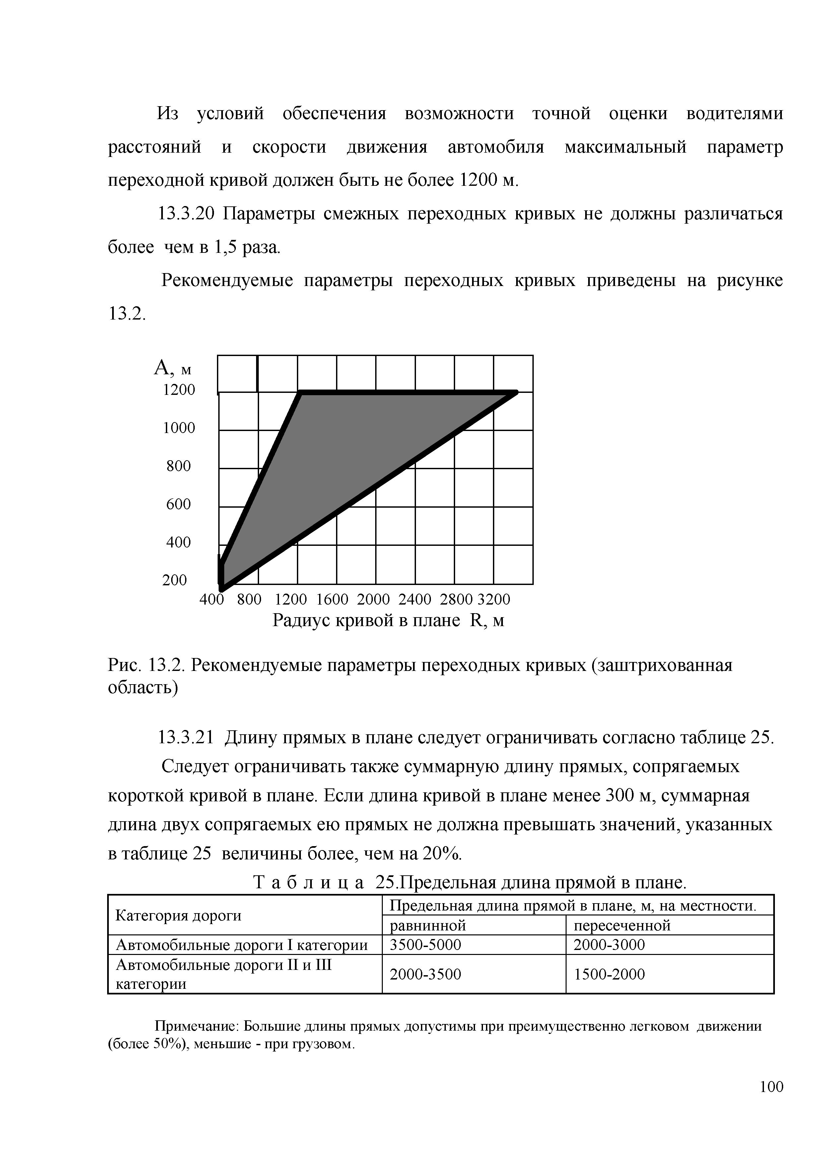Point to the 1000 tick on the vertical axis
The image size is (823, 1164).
(x=178, y=428)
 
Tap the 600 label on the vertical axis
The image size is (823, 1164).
(x=178, y=504)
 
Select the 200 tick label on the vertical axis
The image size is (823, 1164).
(x=174, y=580)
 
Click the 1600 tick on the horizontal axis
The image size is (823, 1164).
(x=332, y=600)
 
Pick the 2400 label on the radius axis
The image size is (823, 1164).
(x=415, y=600)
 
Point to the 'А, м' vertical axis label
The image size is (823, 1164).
(x=172, y=368)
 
